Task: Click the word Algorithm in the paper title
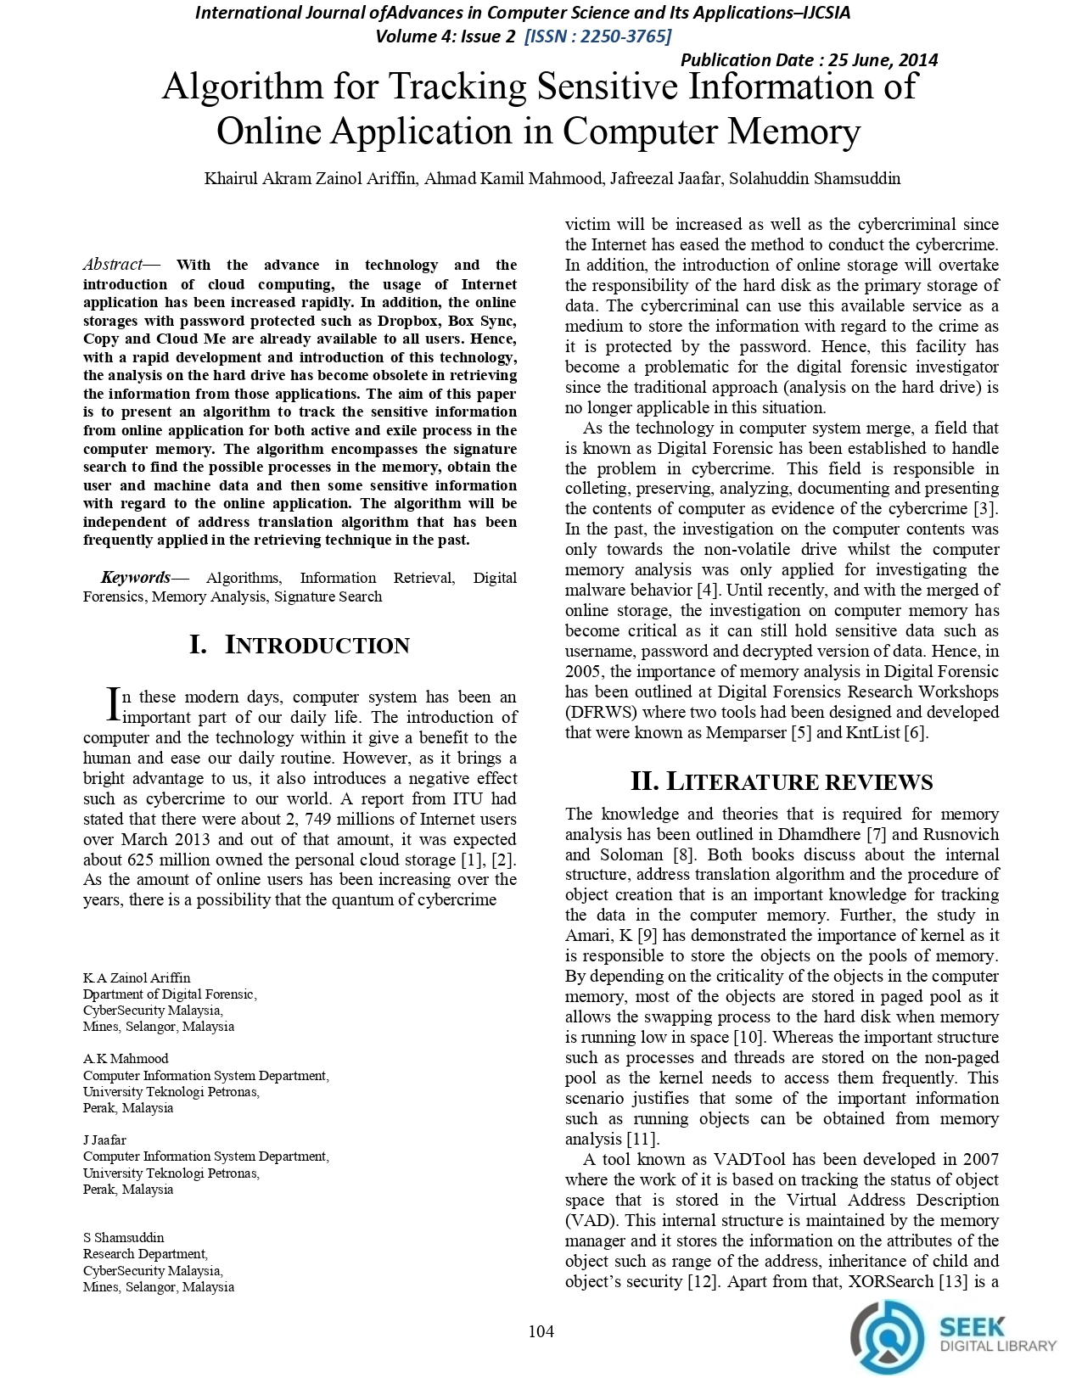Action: point(247,87)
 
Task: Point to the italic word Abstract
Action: point(112,265)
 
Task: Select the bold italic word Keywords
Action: point(135,578)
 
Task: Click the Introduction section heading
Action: point(300,646)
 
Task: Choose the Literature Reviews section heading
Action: point(781,781)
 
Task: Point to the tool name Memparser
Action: point(746,733)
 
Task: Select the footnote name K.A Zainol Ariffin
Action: point(137,978)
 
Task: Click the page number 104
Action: point(541,1332)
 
